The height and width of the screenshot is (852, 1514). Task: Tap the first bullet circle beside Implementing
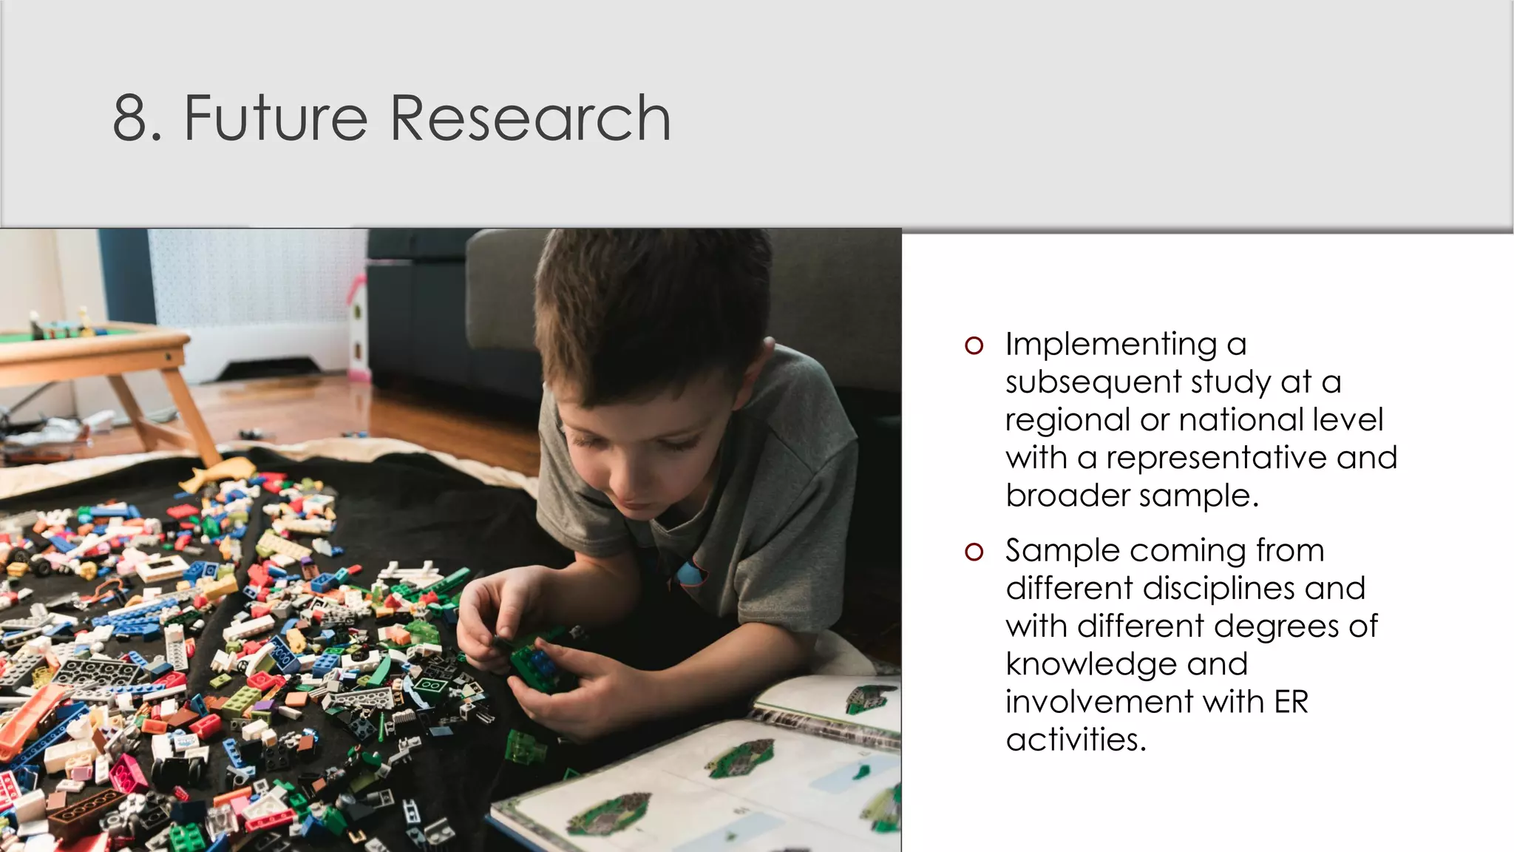(974, 345)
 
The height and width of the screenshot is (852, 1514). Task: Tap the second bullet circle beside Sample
(974, 552)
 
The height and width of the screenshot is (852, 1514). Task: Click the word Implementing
(1110, 345)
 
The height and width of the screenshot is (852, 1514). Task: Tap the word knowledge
(1090, 665)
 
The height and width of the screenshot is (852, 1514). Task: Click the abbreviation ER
(1291, 703)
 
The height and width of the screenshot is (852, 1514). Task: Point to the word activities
(1075, 740)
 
